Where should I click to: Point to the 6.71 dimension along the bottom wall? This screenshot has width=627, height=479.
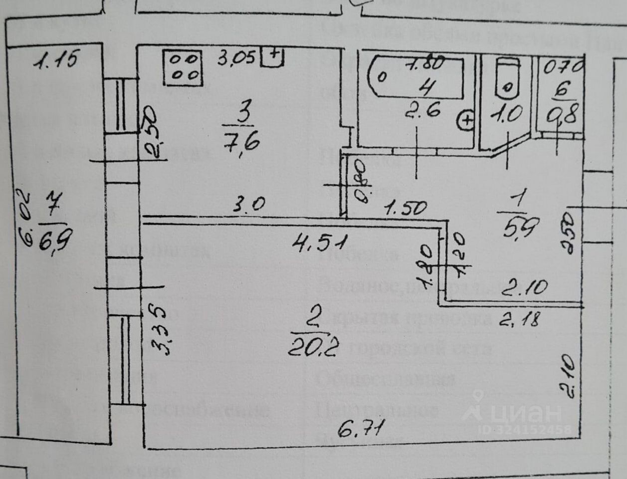[x=362, y=428]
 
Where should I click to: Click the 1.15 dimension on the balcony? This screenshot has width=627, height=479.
[x=56, y=60]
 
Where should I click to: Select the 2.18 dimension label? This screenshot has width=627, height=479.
[x=520, y=318]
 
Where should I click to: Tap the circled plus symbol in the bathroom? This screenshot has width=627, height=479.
[x=466, y=120]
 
